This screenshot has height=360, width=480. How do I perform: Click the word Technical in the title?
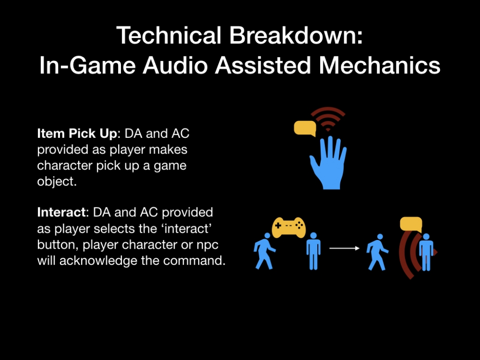click(x=168, y=35)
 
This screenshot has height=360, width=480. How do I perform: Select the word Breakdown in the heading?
click(x=296, y=35)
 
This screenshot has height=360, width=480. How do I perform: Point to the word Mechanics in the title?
click(x=380, y=65)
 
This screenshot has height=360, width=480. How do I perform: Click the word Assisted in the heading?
click(x=263, y=65)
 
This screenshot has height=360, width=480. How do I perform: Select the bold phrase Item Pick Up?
click(x=77, y=134)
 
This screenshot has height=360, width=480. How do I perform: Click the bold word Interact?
click(x=61, y=212)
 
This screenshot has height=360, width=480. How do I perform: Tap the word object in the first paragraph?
click(x=57, y=181)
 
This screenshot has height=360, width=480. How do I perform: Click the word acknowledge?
click(x=109, y=261)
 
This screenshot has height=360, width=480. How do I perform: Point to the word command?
click(x=194, y=261)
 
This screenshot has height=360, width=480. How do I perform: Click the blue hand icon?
click(x=328, y=163)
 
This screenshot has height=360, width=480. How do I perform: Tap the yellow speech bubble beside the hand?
click(x=305, y=128)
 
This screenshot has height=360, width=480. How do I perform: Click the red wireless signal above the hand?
click(x=328, y=119)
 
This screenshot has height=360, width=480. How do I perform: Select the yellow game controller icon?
click(x=288, y=227)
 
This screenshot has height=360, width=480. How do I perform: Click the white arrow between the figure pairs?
click(x=344, y=248)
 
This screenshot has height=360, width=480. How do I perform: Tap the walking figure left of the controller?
click(x=264, y=251)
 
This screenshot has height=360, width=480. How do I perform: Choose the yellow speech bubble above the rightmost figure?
click(x=411, y=224)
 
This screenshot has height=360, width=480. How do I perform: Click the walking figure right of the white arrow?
click(x=377, y=252)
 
